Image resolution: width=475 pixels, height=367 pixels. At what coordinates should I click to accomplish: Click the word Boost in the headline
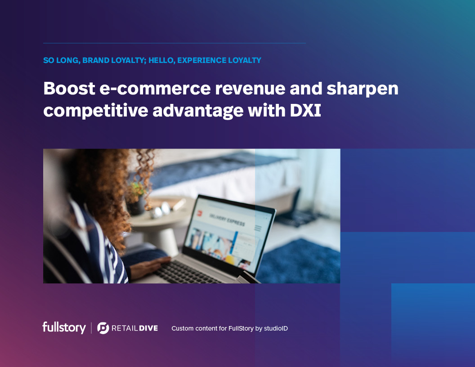click(69, 89)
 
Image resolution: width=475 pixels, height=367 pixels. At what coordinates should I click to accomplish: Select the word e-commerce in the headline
click(155, 89)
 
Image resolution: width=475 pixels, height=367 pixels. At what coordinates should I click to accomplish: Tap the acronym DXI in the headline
click(305, 111)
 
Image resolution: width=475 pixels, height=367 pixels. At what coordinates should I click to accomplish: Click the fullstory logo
click(64, 327)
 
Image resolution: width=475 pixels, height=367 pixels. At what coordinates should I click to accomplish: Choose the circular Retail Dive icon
click(103, 328)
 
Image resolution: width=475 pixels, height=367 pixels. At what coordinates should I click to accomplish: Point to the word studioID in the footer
click(276, 328)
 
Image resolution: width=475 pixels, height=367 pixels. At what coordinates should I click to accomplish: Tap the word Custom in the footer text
click(182, 328)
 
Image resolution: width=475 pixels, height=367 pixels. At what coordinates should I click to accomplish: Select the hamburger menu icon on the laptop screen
click(258, 228)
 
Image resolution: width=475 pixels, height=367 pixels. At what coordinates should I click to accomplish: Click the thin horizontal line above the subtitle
click(175, 43)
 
